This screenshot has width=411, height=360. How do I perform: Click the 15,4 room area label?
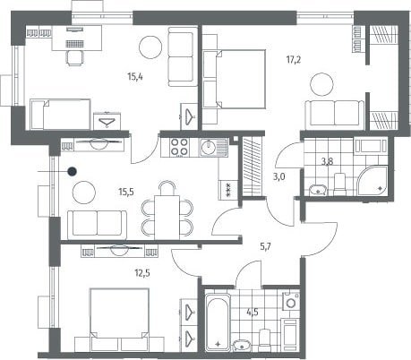point(135,77)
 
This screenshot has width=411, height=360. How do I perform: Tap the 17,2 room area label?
point(294,60)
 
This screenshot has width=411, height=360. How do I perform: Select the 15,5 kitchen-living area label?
point(126,192)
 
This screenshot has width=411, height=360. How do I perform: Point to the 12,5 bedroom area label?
point(142,272)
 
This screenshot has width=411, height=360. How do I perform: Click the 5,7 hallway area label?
point(265,246)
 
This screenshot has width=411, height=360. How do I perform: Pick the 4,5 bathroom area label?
point(253,313)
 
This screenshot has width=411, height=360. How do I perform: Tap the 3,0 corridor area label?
point(279,177)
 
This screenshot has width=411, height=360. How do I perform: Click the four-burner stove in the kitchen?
point(179,147)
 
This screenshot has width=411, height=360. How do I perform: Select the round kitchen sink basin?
point(207,147)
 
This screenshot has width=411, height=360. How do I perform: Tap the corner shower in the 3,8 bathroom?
point(372,181)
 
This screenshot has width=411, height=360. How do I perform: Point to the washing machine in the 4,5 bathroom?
point(291,302)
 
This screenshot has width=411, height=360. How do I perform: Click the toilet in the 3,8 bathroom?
point(339,184)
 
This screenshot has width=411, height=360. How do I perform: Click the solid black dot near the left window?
point(72,172)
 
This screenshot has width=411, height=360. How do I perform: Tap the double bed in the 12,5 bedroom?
point(119,320)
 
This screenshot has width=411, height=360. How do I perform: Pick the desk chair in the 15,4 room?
point(74,58)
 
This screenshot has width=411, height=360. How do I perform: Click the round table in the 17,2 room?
point(321,84)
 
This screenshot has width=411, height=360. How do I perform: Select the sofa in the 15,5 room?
point(97,225)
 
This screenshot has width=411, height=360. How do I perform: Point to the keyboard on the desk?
point(74,44)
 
